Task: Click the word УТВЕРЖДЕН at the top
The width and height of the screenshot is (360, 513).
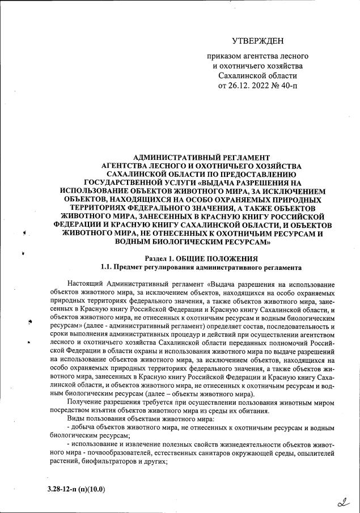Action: point(257,41)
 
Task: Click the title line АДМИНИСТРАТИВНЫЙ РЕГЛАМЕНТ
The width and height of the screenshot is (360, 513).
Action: point(201,157)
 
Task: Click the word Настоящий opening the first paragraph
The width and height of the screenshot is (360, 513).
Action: point(84,283)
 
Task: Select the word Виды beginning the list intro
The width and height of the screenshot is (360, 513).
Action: point(77,419)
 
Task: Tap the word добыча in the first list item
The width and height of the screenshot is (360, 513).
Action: point(83,428)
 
